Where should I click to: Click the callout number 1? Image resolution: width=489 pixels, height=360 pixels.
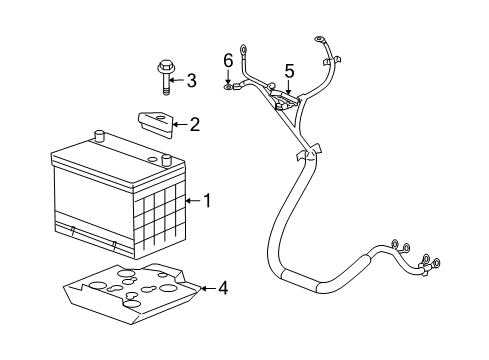click(207, 201)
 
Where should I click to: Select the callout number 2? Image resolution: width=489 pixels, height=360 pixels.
click(194, 125)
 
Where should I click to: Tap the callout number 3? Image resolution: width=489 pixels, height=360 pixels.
click(191, 79)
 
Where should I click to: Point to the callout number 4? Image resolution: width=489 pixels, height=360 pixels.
click(222, 289)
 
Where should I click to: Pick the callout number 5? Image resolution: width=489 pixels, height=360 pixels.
click(289, 71)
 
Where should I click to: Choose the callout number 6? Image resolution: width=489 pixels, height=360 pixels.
click(228, 60)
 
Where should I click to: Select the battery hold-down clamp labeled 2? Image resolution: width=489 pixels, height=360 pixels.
click(155, 123)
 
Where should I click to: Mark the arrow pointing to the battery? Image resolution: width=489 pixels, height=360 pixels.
click(192, 201)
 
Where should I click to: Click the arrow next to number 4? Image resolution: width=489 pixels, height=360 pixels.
click(207, 289)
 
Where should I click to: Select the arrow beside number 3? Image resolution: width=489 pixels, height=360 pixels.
click(178, 79)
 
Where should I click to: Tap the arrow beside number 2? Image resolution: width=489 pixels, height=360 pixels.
click(180, 125)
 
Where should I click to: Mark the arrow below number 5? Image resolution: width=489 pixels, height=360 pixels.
click(289, 88)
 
